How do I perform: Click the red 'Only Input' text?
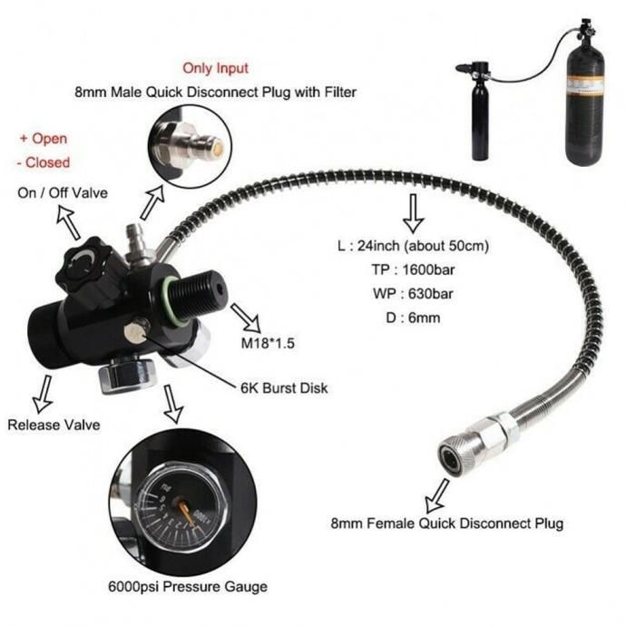(215, 68)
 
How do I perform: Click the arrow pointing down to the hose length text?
(413, 212)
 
